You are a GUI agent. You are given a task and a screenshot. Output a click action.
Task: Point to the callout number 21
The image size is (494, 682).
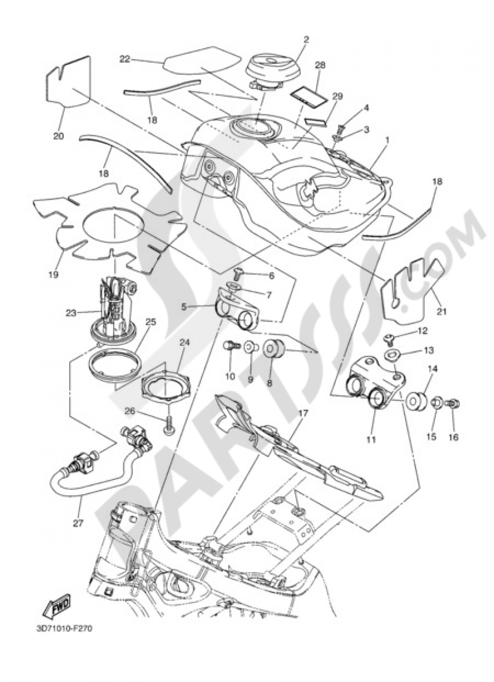coord(441,311)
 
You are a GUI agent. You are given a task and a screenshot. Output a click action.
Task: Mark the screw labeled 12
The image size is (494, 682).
coord(389,339)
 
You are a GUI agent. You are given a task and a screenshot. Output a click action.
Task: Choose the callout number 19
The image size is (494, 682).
coord(54,274)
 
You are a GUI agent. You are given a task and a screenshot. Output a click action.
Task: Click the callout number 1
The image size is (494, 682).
coord(387,140)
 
